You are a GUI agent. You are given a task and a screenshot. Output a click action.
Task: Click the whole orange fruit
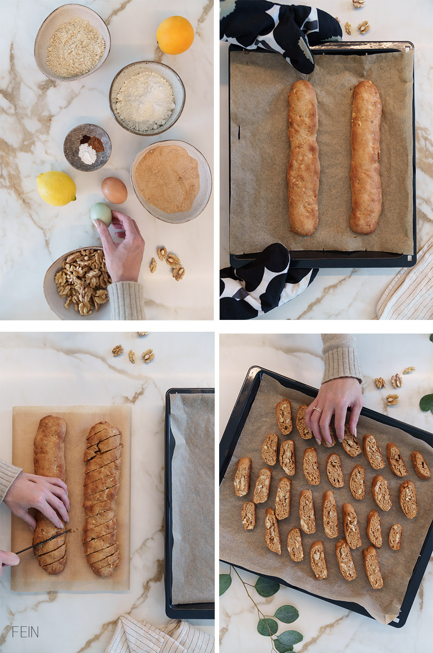175,35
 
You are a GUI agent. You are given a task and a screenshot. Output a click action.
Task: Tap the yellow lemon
56,188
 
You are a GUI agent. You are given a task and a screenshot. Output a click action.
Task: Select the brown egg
115,190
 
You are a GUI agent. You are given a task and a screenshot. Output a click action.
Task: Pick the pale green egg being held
101,214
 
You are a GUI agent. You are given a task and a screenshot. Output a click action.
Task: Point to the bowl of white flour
147,98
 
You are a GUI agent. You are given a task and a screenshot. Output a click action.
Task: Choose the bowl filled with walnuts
79,282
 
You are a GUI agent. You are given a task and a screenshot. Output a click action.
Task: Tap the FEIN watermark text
25,632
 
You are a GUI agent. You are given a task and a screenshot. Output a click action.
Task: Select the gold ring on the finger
317,410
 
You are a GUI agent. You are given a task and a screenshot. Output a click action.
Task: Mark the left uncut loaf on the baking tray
303,158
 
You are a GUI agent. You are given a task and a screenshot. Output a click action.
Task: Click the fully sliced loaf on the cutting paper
103,498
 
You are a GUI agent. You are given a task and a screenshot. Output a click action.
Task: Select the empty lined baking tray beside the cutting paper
191,503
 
